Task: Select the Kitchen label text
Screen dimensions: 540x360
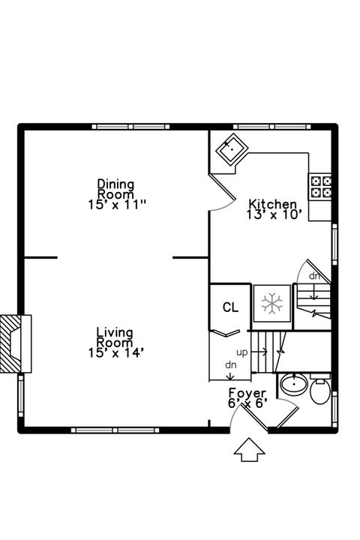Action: [x=273, y=204]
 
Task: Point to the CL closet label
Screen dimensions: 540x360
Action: [x=230, y=307]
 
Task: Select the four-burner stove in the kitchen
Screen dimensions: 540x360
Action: [x=320, y=186]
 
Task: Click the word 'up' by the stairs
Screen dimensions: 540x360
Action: [x=242, y=352]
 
